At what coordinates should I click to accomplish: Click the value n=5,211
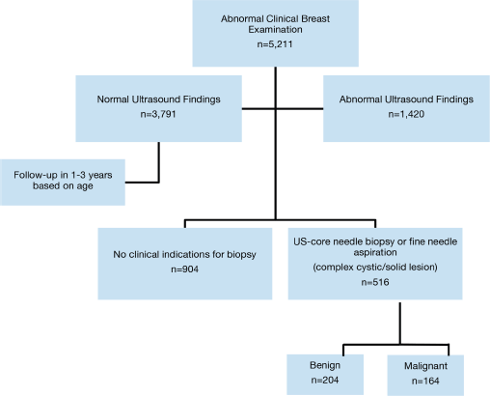click(275, 44)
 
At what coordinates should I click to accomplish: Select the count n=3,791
click(158, 114)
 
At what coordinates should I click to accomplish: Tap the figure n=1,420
click(406, 114)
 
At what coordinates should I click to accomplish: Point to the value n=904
click(184, 269)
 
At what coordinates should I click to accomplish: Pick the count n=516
click(375, 282)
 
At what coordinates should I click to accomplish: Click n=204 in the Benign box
click(325, 381)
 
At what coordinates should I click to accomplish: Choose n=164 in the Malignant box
click(425, 382)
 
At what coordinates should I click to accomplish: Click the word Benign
click(325, 366)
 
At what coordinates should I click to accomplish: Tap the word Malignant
click(425, 366)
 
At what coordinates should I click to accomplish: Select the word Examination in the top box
click(275, 30)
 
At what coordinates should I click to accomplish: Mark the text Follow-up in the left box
click(36, 175)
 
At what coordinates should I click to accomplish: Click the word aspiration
click(375, 252)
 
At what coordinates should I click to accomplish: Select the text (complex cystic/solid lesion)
click(375, 268)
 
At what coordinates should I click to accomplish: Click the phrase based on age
click(63, 186)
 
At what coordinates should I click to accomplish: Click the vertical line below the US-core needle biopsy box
click(400, 324)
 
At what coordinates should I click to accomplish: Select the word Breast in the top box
click(315, 18)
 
